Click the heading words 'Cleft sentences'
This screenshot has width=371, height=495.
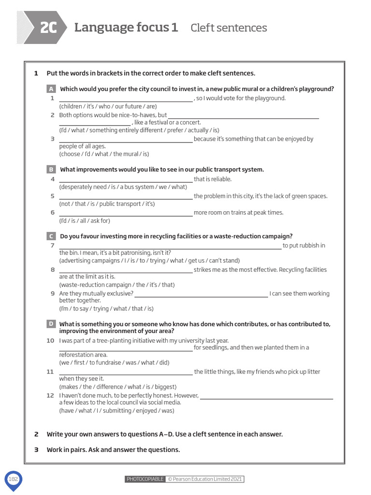click(228, 28)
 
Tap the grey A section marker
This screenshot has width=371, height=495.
click(51, 89)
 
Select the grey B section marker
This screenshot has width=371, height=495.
click(51, 170)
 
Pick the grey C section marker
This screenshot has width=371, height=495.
click(51, 236)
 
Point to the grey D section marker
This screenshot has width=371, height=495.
click(51, 324)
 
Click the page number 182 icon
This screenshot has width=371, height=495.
click(13, 479)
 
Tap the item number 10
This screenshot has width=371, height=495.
click(50, 341)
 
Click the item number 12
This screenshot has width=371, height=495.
click(50, 395)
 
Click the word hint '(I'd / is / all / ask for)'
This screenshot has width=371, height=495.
click(85, 221)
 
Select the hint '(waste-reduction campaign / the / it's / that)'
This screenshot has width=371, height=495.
click(117, 285)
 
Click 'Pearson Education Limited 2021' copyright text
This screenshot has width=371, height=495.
click(205, 479)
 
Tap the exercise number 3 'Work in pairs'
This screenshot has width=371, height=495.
click(36, 450)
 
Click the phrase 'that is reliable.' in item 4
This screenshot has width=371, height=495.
click(213, 179)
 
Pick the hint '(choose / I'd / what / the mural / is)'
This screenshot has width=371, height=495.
click(104, 154)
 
